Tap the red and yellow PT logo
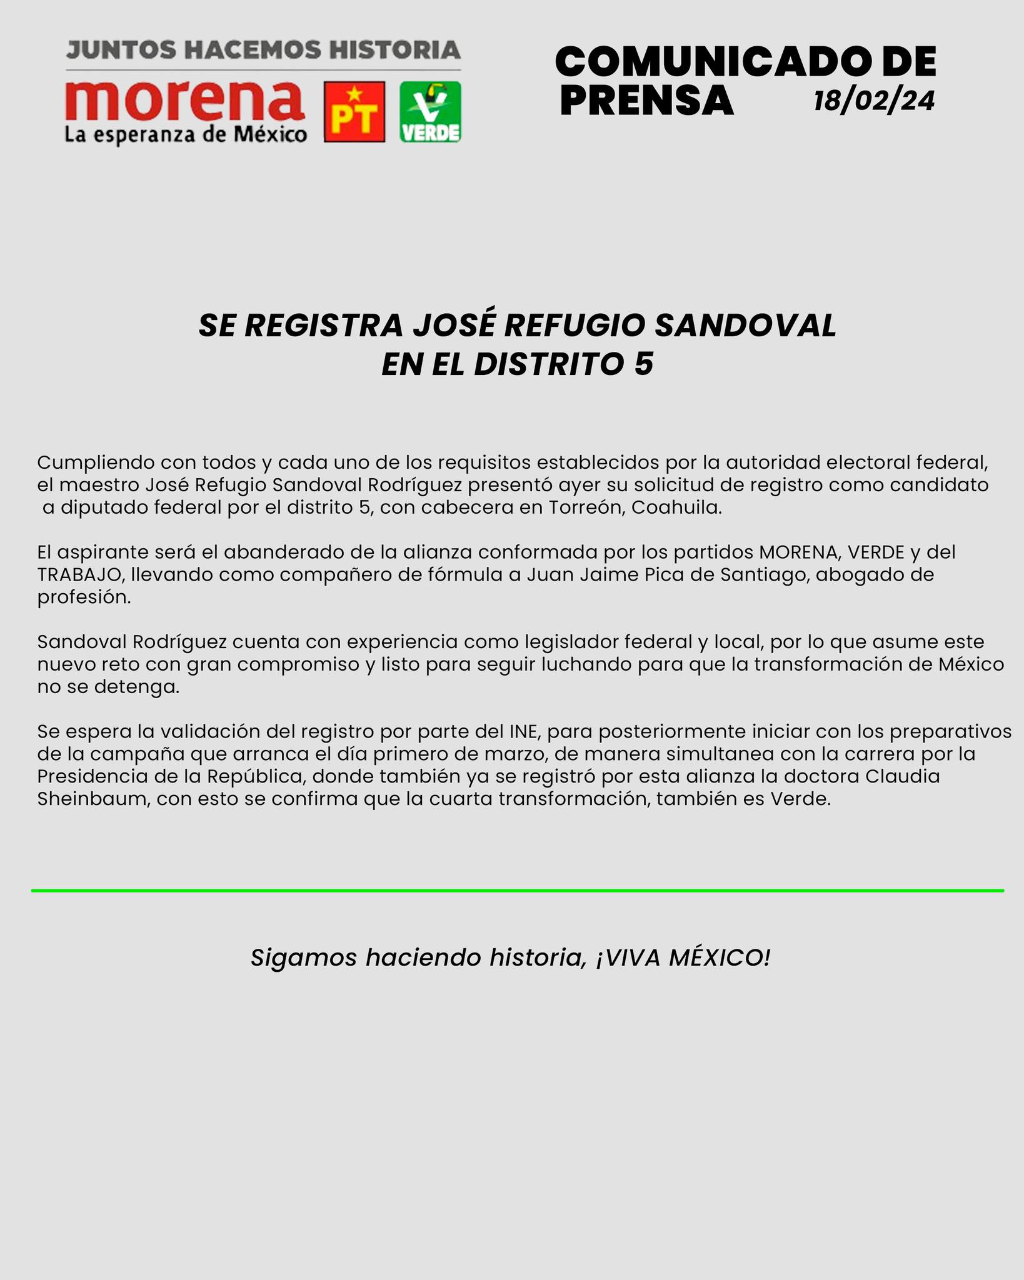pos(354,112)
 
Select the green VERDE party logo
pos(430,112)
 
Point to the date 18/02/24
pos(874,101)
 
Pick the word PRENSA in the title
pos(646,101)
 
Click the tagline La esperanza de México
pos(186,134)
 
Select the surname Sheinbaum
pos(93,799)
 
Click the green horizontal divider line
pos(518,890)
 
